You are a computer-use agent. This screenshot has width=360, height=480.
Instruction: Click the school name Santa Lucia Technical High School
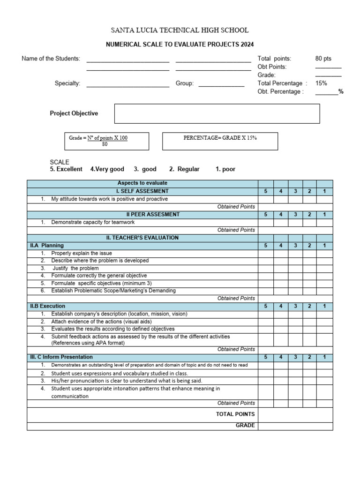coord(180,30)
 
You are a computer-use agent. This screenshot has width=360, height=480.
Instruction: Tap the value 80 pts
coord(323,59)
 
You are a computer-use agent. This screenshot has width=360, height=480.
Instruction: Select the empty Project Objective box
coord(217,113)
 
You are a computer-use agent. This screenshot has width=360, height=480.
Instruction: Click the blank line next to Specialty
coord(127,83)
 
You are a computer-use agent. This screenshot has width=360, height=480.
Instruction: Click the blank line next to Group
coord(221,83)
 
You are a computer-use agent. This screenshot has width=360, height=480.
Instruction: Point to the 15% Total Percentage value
coord(322,83)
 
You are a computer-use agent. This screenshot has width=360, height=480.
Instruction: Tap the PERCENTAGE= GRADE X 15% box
coord(220,141)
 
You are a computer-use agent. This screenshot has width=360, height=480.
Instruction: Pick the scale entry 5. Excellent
coord(66,169)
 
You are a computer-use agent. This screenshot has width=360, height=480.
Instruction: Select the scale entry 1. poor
coord(225,169)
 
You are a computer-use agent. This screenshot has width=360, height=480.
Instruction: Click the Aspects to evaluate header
coord(142,183)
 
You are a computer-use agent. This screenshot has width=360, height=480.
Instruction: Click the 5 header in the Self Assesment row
coord(266,191)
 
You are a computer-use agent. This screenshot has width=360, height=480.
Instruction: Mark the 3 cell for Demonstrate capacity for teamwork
coord(295,222)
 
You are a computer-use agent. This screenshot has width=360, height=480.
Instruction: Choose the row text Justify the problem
coord(75,268)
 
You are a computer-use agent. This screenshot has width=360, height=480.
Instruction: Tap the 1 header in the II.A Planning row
coord(324,246)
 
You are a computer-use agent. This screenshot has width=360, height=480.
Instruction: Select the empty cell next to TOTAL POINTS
coord(295,414)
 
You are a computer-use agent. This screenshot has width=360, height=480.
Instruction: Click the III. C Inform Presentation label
coord(60,357)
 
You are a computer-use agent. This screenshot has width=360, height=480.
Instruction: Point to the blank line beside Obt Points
coord(328,67)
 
